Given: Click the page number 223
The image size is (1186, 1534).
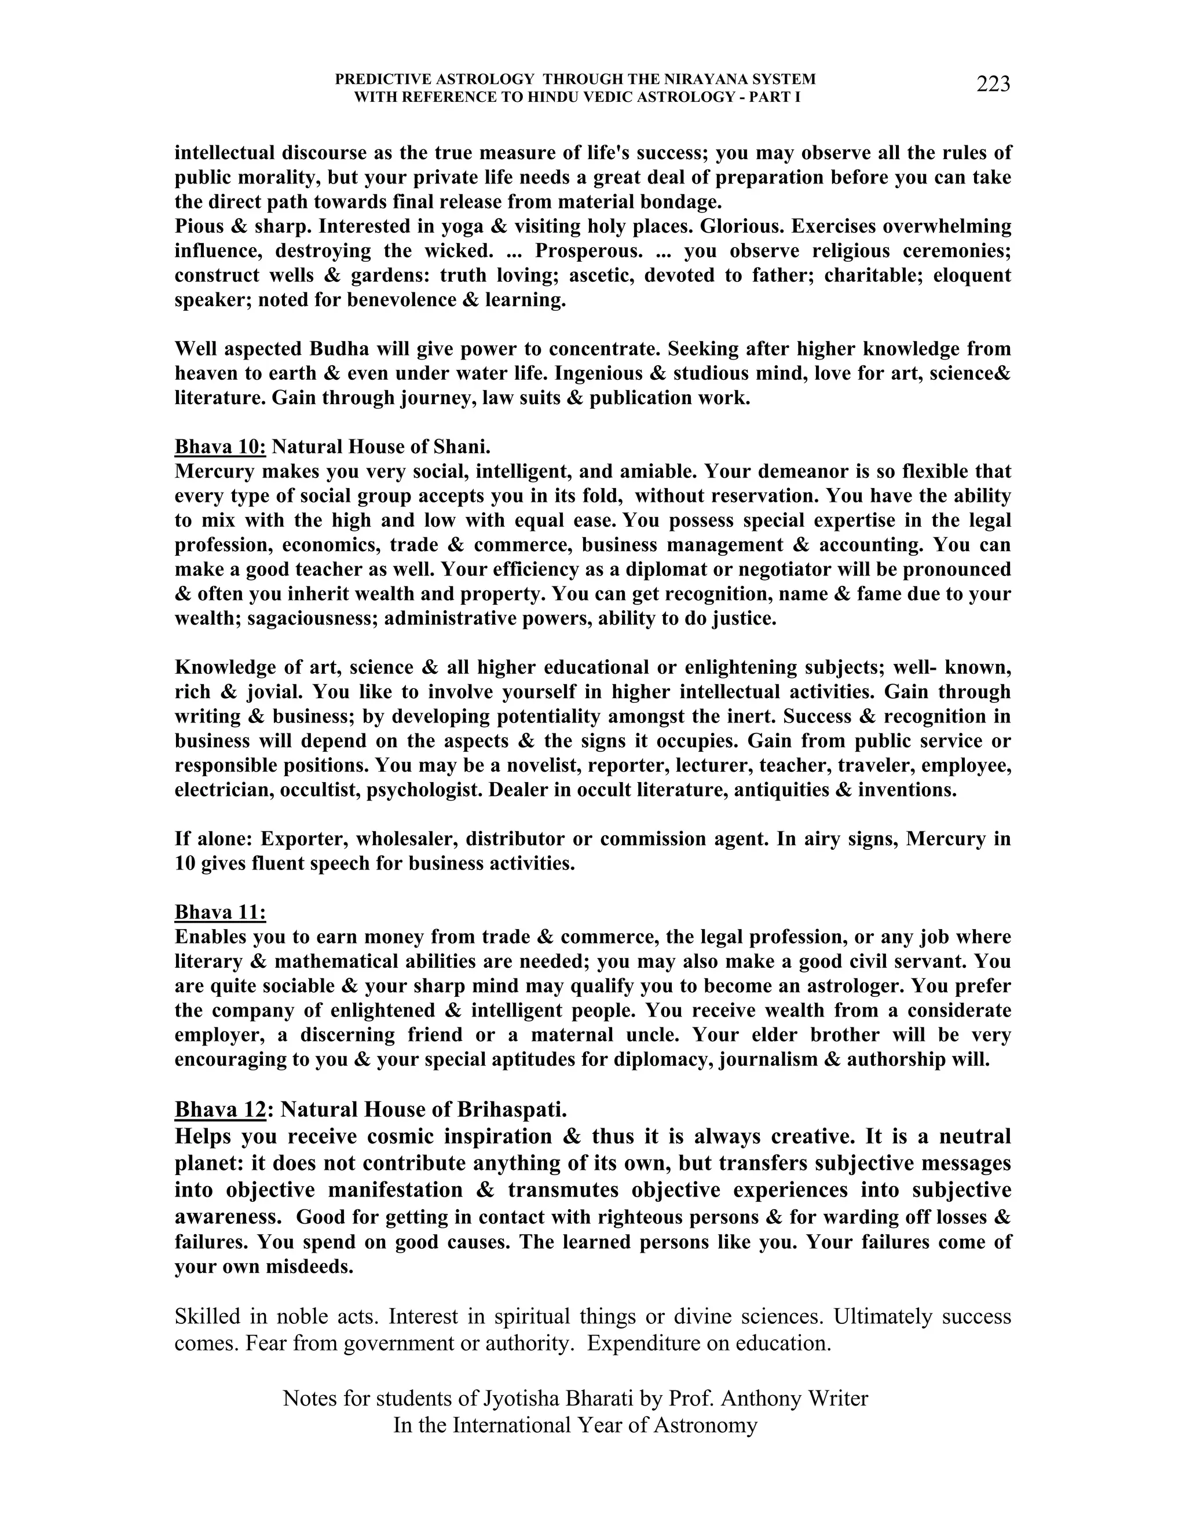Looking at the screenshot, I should pyautogui.click(x=993, y=85).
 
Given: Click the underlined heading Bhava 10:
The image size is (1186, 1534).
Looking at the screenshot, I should pyautogui.click(x=220, y=447).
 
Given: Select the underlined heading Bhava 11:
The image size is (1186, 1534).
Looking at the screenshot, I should pyautogui.click(x=220, y=912).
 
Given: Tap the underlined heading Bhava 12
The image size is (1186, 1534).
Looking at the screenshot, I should pyautogui.click(x=220, y=1110).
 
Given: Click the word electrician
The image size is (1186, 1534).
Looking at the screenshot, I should pyautogui.click(x=224, y=790).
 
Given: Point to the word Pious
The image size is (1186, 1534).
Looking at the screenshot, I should pyautogui.click(x=199, y=227).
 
